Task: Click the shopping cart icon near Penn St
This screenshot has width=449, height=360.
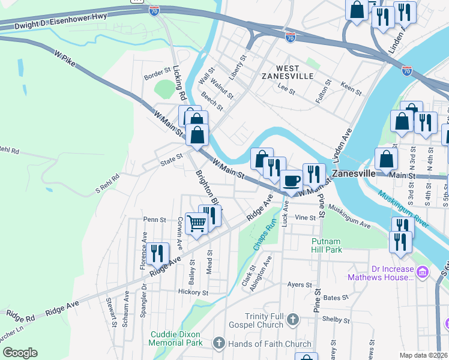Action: coord(197,224)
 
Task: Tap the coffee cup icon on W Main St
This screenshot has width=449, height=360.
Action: coord(292,180)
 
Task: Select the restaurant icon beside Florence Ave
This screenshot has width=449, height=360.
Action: coord(157,253)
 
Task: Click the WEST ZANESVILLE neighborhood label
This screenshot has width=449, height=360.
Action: coord(288,71)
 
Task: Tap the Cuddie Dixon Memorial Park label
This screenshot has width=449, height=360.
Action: coord(175,338)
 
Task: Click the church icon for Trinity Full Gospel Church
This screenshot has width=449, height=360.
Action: coord(292,319)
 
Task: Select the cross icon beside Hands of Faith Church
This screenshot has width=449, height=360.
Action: coord(219,344)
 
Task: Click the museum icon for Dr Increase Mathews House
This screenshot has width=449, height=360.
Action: coord(422,272)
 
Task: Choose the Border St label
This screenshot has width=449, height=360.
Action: coord(158,77)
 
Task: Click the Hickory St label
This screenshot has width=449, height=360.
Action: coord(193,292)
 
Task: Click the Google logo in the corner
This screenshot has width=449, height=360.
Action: coord(20,353)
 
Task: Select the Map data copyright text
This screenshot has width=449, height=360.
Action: coord(423,355)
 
